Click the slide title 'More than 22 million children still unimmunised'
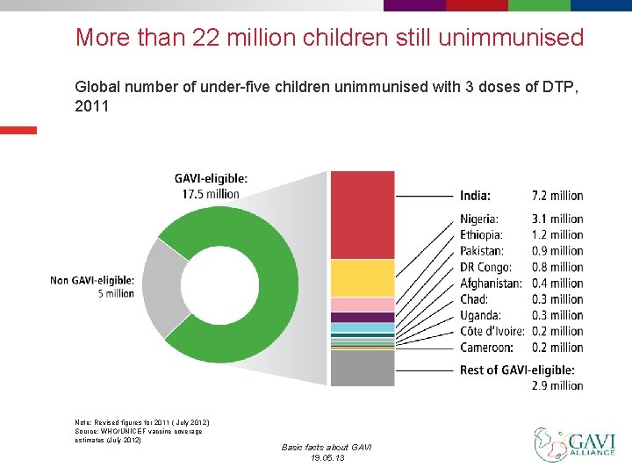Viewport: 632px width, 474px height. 329,38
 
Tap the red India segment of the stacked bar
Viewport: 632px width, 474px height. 362,215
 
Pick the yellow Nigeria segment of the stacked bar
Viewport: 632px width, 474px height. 362,278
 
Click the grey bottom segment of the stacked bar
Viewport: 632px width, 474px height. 362,368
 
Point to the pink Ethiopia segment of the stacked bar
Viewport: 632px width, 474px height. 362,305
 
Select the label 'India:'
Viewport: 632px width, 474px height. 475,195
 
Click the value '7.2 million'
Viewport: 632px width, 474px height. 557,195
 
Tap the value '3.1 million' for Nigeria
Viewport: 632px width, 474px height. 557,219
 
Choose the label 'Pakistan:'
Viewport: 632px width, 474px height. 482,251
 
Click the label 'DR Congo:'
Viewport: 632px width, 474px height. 485,267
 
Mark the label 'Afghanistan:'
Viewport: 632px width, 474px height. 490,283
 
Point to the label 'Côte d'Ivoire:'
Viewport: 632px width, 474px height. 492,331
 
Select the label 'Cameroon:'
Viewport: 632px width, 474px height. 486,348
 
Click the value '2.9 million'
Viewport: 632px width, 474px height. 557,385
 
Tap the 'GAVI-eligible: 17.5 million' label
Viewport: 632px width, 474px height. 211,186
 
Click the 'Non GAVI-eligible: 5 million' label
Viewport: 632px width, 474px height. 92,287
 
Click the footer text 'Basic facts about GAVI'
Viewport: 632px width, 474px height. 327,448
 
